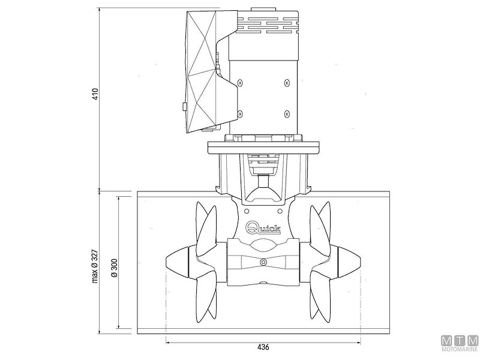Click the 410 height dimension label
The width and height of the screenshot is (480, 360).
pos(95,94)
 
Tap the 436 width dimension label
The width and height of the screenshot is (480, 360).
pos(263,347)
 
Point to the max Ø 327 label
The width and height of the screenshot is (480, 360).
pos(95,266)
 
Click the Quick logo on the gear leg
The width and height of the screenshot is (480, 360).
pos(263,227)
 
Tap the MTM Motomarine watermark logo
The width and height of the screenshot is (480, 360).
pos(460,343)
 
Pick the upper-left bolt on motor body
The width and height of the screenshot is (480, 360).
pos(239,82)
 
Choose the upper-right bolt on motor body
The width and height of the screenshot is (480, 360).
pos(287,82)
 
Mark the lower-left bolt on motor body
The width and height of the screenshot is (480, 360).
pos(239,114)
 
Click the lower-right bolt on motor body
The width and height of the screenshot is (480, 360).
pos(287,114)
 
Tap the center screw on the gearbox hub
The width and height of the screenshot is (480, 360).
pos(263,262)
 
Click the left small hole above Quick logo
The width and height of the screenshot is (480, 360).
pos(247,211)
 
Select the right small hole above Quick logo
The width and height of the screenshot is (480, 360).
pos(280,211)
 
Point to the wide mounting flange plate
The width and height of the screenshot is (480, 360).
pos(263,148)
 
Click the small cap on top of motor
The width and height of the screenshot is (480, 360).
pos(259,10)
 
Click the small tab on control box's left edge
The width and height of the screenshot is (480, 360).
pos(184,107)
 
